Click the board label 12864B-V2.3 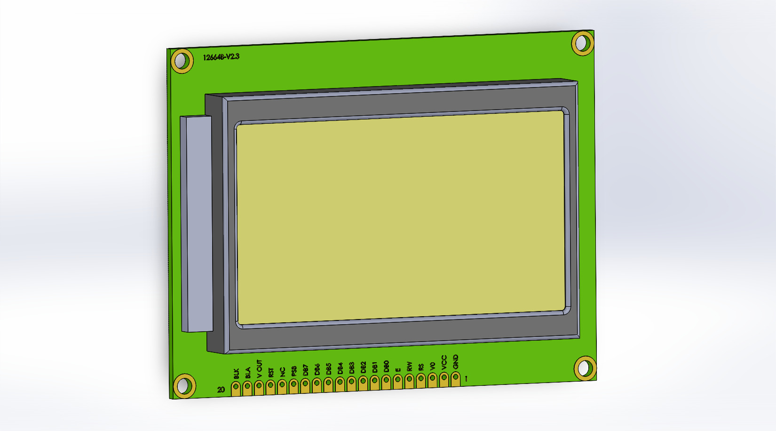coord(221,57)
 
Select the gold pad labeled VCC coord(444,379)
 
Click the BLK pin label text coord(237,374)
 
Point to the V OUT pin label coord(259,369)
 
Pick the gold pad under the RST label coord(270,386)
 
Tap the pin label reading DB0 coord(386,367)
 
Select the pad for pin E coord(397,381)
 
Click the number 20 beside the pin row coord(221,390)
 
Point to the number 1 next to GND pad coord(466,378)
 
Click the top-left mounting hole coord(182,61)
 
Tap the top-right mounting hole coord(583,43)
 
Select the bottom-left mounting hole coord(184,386)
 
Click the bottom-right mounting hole coord(585,368)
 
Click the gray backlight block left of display coord(197,223)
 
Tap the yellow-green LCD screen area coord(400,216)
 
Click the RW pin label coord(409,366)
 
